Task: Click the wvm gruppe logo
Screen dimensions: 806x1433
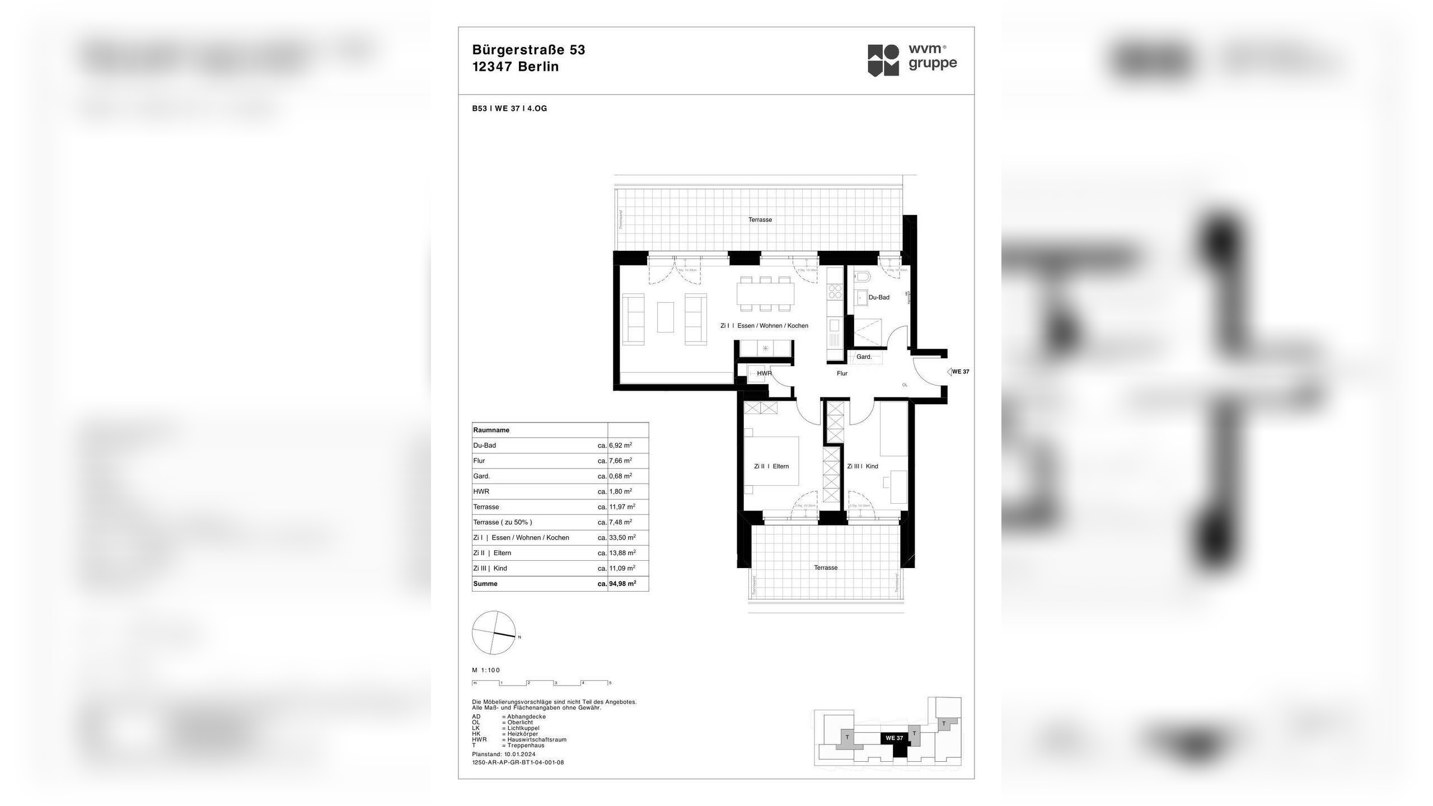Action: [x=912, y=60]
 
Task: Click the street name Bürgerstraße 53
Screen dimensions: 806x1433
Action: [x=528, y=50]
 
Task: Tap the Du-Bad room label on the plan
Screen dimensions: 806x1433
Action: [x=879, y=297]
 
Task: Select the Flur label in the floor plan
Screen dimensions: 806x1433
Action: [x=842, y=373]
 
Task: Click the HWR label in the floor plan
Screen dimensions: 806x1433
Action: [x=764, y=373]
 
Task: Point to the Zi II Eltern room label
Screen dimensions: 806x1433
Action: [x=771, y=466]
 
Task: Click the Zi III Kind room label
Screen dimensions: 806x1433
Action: [x=863, y=466]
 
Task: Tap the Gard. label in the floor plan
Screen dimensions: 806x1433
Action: [x=864, y=357]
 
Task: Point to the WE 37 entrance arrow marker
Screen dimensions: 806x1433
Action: [x=950, y=372]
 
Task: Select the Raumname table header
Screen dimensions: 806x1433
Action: [x=491, y=430]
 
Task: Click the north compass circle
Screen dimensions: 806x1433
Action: [x=493, y=633]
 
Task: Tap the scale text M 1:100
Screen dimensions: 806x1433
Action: [x=486, y=670]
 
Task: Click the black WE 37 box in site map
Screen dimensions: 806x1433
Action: [x=894, y=738]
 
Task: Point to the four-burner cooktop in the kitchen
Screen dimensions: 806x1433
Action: [x=835, y=292]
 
